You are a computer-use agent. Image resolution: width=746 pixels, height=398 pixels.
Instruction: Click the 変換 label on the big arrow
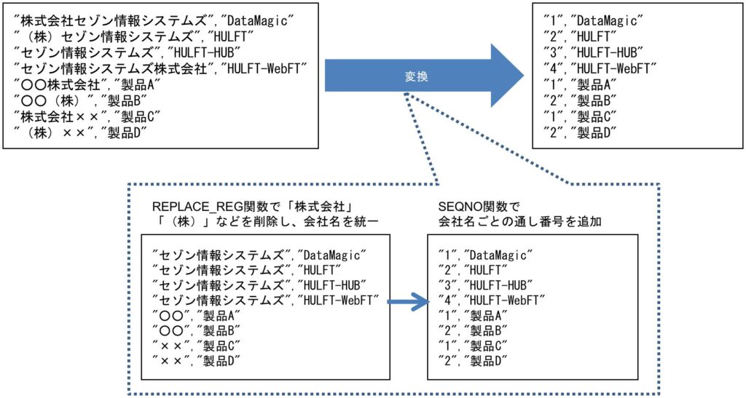pos(416,76)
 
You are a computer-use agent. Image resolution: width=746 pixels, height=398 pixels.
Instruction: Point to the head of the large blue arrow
pos(523,76)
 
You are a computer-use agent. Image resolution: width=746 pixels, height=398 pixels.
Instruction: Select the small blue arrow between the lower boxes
pos(408,301)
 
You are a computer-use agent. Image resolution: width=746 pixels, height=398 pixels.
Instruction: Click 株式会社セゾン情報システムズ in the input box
pos(114,21)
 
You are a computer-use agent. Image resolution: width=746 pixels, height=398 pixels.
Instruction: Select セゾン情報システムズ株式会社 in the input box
pos(113,68)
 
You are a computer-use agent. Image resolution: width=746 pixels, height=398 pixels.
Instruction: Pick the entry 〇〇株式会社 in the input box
pos(60,84)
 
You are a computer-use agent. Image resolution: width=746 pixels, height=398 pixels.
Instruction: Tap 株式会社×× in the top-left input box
pos(53,116)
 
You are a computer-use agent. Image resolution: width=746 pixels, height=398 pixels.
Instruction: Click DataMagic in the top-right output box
pos(607,21)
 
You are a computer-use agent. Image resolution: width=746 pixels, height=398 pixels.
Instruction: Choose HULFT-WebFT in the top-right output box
pos(613,68)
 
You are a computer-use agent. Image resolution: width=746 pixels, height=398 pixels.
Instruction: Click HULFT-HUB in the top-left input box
pos(205,52)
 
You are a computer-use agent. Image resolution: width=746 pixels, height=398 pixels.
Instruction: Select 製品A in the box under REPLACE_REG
pos(221,315)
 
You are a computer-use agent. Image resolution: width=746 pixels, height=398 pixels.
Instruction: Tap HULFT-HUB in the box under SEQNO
pos(498,285)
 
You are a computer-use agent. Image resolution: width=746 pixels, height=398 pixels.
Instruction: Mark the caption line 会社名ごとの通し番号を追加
pos(519,221)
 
